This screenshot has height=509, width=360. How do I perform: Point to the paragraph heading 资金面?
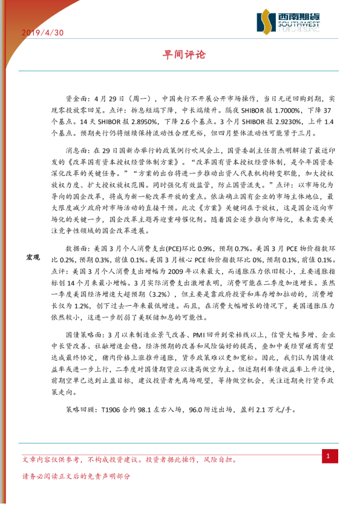point(76,97)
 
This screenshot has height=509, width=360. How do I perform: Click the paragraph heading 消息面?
point(76,148)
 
